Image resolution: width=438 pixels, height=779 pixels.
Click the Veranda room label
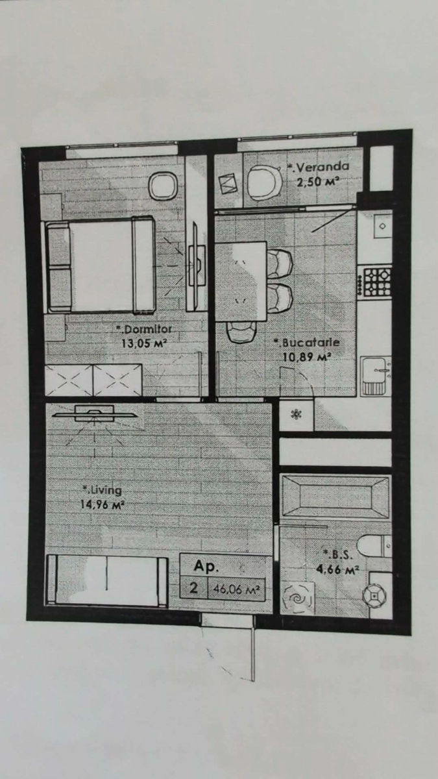pyautogui.click(x=322, y=167)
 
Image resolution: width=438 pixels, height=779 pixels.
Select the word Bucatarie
pyautogui.click(x=310, y=343)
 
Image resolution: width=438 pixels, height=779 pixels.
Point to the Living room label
pyautogui.click(x=106, y=490)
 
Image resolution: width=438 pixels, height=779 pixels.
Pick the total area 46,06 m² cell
pyautogui.click(x=236, y=589)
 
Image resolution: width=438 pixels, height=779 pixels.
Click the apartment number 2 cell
pyautogui.click(x=193, y=588)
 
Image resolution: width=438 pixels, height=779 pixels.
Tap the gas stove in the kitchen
pyautogui.click(x=377, y=282)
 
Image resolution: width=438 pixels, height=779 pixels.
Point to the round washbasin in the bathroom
pyautogui.click(x=374, y=596)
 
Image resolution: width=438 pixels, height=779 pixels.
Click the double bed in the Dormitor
pyautogui.click(x=101, y=264)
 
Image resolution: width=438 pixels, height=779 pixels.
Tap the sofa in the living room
pyautogui.click(x=108, y=580)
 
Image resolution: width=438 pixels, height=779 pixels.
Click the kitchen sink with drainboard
pyautogui.click(x=376, y=376)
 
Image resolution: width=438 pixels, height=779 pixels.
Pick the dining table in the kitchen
pyautogui.click(x=241, y=281)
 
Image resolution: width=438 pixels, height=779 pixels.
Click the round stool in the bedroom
pyautogui.click(x=163, y=186)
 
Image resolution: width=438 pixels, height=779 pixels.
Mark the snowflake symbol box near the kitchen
pyautogui.click(x=297, y=415)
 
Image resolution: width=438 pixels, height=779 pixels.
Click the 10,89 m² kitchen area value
pyautogui.click(x=306, y=358)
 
